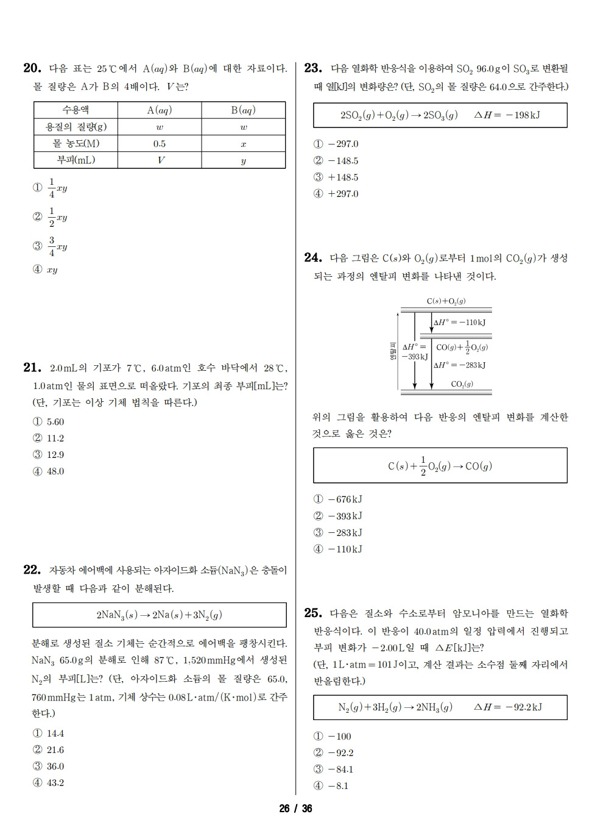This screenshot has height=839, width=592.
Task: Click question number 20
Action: pos(32,68)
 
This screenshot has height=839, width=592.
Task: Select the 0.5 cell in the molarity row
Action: pos(159,144)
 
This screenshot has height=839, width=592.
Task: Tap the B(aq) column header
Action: pos(243,110)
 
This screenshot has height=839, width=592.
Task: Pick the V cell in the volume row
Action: pos(160,160)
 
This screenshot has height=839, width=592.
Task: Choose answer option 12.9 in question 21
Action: pos(55,455)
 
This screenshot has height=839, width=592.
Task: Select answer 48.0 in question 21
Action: pos(55,471)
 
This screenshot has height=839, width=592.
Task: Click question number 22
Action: pos(32,570)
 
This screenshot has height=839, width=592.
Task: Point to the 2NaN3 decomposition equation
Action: pos(159,615)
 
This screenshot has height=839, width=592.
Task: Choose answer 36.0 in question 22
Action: pos(55,766)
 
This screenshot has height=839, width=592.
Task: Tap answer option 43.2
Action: pos(55,783)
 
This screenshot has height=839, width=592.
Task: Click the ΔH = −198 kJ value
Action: pos(507,115)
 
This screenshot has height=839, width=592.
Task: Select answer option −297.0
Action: pos(343,145)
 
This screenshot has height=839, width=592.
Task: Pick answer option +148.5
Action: pos(343,177)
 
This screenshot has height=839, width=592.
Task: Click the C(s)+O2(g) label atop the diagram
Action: pos(446,301)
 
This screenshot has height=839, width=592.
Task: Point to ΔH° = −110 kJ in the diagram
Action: pos(460,323)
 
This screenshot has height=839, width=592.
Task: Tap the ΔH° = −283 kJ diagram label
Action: pos(460,365)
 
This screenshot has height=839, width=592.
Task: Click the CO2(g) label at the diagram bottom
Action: pos(462,384)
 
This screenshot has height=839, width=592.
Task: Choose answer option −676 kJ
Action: pos(345,499)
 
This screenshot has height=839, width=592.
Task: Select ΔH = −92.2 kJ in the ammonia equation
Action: pos(507,707)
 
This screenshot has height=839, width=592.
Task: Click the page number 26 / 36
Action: pos(295,809)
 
